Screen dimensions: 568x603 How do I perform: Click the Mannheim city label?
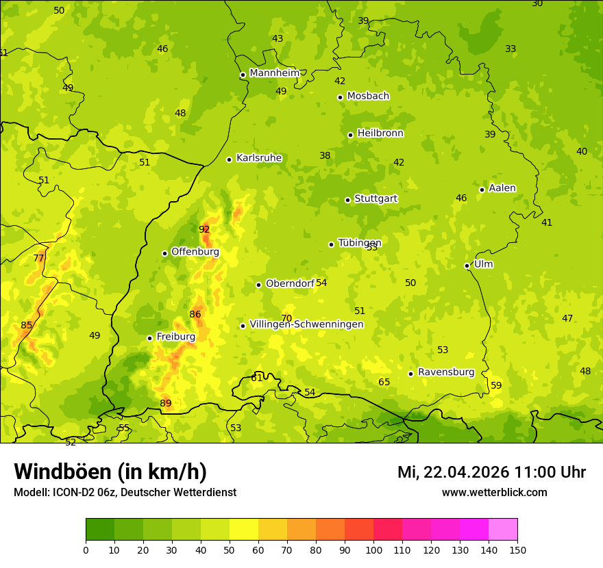pyautogui.click(x=275, y=73)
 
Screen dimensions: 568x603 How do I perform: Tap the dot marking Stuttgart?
pyautogui.click(x=347, y=200)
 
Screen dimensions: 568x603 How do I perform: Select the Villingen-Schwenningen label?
pyautogui.click(x=306, y=324)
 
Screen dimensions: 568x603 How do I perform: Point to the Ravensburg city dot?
pyautogui.click(x=410, y=374)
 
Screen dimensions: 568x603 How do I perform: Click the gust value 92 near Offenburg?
pyautogui.click(x=204, y=229)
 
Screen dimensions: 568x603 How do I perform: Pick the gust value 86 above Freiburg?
pyautogui.click(x=195, y=315)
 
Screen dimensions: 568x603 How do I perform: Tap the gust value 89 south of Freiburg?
pyautogui.click(x=166, y=404)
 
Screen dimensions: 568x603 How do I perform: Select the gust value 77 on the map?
pyautogui.click(x=39, y=259)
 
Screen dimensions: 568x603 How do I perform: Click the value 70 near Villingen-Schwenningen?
pyautogui.click(x=286, y=319)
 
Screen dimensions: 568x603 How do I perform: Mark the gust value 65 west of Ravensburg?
pyautogui.click(x=384, y=383)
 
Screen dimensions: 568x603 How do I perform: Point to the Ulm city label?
pyautogui.click(x=483, y=264)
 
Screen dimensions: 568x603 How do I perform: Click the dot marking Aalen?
pyautogui.click(x=482, y=190)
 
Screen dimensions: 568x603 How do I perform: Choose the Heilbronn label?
pyautogui.click(x=380, y=133)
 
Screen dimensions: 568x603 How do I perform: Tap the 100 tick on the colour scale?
pyautogui.click(x=373, y=550)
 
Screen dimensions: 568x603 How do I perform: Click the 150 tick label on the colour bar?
pyautogui.click(x=517, y=550)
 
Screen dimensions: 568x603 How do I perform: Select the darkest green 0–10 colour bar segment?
pyautogui.click(x=100, y=530)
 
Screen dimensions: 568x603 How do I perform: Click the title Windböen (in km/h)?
pyautogui.click(x=110, y=472)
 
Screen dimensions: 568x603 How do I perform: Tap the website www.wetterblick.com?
pyautogui.click(x=494, y=493)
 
